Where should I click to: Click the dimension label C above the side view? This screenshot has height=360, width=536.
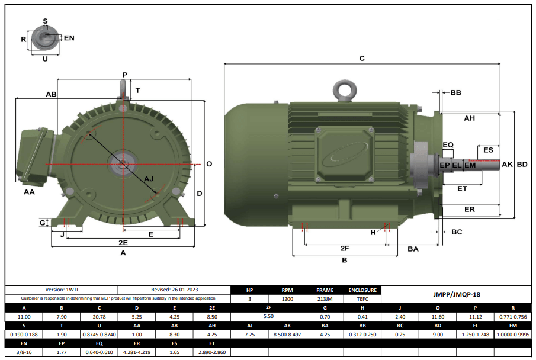point(362,59)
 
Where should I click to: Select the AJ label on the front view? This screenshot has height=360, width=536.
point(149,178)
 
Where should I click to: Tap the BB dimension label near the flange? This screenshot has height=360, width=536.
point(455,93)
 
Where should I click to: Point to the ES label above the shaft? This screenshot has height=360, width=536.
point(488,150)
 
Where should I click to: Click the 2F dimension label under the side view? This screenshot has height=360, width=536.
point(344,248)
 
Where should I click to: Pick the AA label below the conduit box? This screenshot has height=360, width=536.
point(29,192)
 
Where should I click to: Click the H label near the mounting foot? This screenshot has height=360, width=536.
point(373,233)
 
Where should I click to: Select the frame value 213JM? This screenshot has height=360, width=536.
point(325,299)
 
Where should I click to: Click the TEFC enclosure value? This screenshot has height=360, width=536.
point(362,299)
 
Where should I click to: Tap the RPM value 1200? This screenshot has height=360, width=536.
point(287,299)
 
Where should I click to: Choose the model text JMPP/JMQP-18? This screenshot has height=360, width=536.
point(456,294)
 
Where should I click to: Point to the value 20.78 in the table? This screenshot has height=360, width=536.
point(98,317)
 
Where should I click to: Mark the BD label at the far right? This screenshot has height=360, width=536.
point(522,165)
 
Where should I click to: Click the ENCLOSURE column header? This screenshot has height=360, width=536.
point(362,290)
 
